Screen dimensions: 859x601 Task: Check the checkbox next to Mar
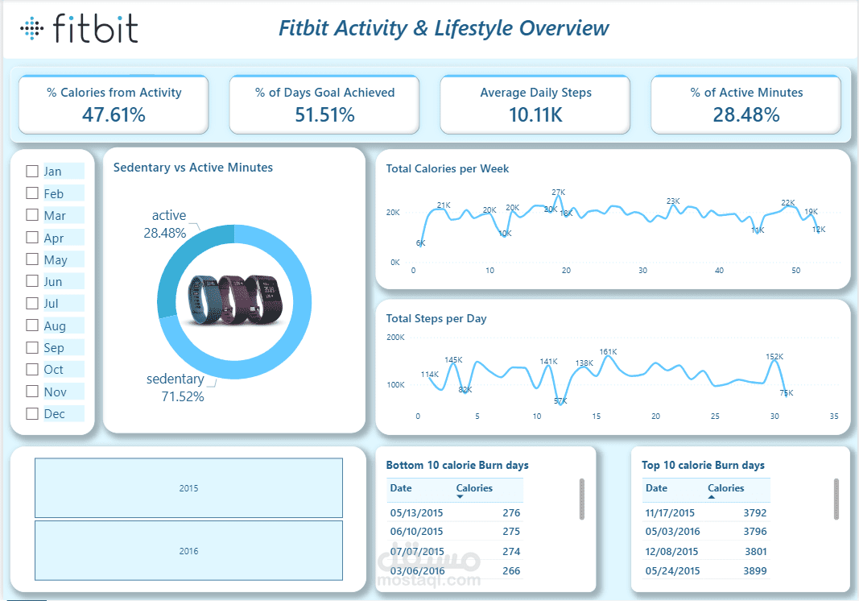click(x=32, y=215)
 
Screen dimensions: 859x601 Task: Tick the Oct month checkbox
click(x=32, y=369)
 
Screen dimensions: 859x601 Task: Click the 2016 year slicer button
click(x=188, y=550)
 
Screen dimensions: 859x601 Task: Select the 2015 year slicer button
click(x=188, y=488)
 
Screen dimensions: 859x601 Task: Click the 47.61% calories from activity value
click(x=114, y=114)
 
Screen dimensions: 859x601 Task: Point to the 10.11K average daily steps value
click(x=535, y=114)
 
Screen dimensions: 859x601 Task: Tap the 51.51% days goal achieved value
click(x=324, y=114)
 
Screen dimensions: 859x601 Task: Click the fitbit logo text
click(x=95, y=28)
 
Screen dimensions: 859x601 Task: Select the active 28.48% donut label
click(x=165, y=224)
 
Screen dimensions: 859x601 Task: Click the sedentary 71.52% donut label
click(x=176, y=388)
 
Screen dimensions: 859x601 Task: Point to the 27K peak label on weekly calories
click(x=558, y=193)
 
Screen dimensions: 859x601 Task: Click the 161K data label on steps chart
click(x=608, y=351)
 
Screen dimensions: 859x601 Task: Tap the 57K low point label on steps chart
click(x=560, y=401)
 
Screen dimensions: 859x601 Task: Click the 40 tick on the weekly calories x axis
click(x=719, y=271)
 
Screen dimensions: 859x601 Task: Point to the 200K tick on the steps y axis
click(x=395, y=338)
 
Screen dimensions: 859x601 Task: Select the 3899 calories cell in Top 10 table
click(x=755, y=571)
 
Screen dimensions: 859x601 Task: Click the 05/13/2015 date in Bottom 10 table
click(x=416, y=512)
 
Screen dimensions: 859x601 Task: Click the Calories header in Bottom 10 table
click(x=474, y=488)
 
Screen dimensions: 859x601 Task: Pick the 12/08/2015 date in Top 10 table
click(x=671, y=552)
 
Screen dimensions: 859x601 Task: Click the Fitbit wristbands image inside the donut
click(x=235, y=300)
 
